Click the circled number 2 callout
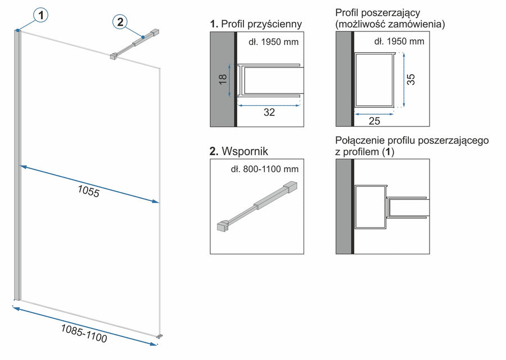click(120, 22)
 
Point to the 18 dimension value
click(222, 80)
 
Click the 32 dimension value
click(269, 112)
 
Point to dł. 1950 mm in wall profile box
click(273, 42)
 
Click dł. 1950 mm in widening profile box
click(399, 42)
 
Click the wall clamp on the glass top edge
click(113, 56)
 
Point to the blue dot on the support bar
click(144, 37)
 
